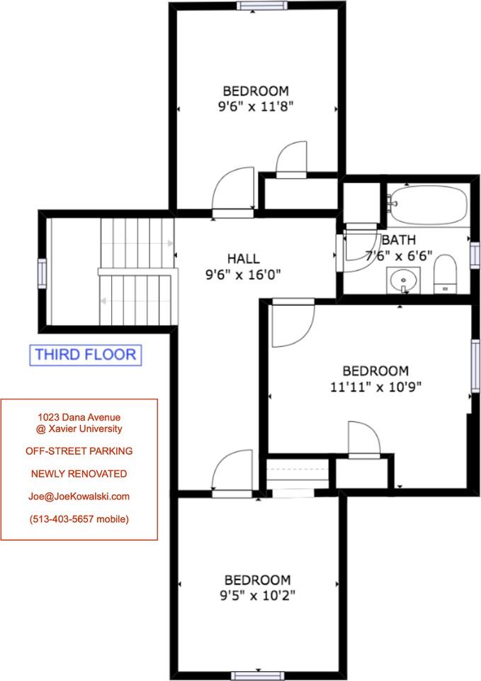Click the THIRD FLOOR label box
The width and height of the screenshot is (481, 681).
(85, 355)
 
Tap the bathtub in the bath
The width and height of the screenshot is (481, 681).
(429, 205)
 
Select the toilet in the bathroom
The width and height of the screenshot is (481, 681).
(445, 275)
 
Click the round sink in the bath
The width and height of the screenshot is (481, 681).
(404, 280)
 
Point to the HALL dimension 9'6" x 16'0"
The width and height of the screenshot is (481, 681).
(244, 275)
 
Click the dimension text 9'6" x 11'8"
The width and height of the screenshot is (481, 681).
(256, 107)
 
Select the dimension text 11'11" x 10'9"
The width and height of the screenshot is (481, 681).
(375, 387)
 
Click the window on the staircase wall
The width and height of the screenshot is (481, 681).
(42, 271)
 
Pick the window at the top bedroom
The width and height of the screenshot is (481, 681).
(263, 6)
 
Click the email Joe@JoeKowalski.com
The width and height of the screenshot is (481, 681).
(79, 496)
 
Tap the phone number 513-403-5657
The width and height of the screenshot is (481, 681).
(79, 519)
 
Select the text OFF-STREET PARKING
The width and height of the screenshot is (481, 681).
(79, 450)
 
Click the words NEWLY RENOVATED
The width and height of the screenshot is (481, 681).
(79, 473)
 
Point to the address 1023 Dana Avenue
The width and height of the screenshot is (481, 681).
(79, 418)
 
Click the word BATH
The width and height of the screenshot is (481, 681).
(399, 240)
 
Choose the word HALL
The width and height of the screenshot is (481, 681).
(244, 258)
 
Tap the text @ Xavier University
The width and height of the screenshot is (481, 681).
(79, 428)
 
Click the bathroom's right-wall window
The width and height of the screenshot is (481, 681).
(475, 253)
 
